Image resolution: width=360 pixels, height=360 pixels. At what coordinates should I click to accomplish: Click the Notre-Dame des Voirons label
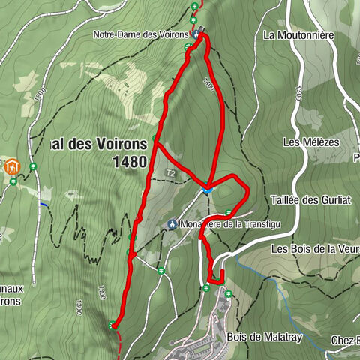point(140,34)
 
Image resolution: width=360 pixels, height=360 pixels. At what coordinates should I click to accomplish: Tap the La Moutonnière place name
point(297,34)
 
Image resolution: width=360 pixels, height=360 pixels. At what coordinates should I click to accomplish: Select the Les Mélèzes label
point(310,142)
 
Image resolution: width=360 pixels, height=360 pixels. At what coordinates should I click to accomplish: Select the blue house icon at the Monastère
point(172,223)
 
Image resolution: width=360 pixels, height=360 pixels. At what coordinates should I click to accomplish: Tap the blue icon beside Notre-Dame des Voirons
point(196,34)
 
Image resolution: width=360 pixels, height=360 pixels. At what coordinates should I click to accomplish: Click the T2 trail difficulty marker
point(170,172)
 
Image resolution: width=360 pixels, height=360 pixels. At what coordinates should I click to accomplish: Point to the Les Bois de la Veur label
point(315,249)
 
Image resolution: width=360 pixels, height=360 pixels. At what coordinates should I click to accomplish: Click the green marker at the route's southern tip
point(112,325)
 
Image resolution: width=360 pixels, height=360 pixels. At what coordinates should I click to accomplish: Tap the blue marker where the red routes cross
point(207,190)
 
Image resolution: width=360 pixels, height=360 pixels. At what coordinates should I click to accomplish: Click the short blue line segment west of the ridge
point(46,204)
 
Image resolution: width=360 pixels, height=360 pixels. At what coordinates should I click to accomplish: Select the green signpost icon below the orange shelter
point(33,166)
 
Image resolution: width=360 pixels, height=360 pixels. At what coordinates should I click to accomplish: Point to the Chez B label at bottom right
point(346,340)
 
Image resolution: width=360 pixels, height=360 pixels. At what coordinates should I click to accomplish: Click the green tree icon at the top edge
point(195,6)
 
